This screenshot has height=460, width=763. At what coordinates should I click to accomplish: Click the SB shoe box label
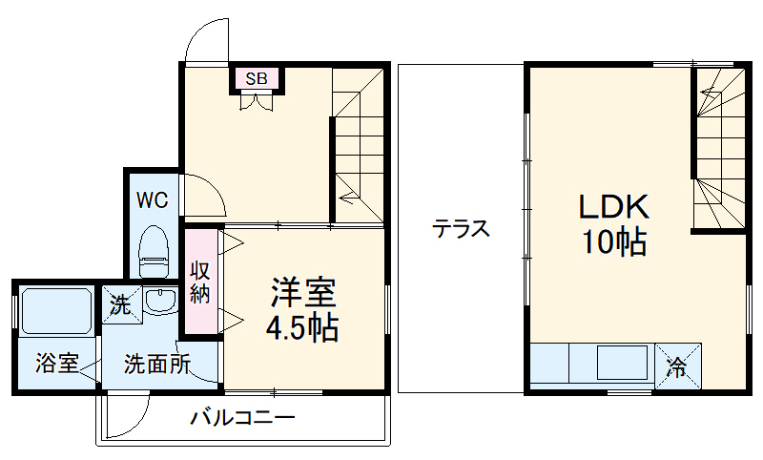[x=257, y=78]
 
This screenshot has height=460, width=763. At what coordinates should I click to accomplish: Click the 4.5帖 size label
[x=300, y=328]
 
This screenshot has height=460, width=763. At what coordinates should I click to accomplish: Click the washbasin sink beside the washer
[x=161, y=301]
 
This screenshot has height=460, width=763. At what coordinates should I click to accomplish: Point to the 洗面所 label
[x=157, y=364]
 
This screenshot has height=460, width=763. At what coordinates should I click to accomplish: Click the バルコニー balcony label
[x=242, y=418]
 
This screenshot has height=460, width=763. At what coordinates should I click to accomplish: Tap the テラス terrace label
[x=461, y=229]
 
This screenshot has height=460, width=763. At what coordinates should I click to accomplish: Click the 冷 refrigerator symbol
[x=676, y=365]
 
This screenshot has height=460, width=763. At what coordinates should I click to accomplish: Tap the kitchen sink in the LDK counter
[x=620, y=364]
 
